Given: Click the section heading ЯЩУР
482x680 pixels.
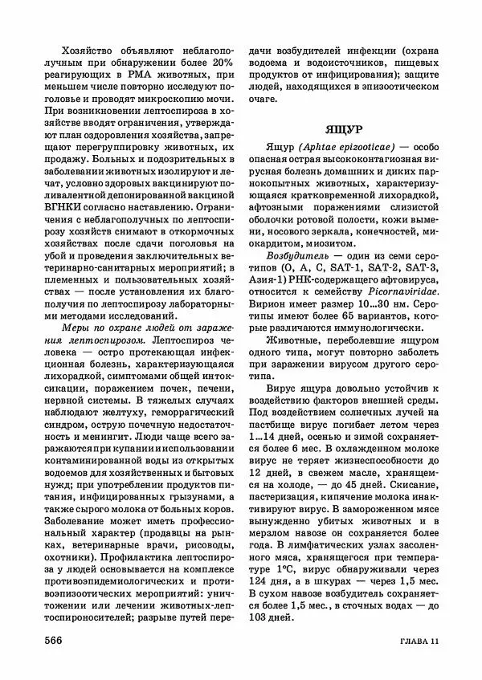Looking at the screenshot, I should (x=346, y=128).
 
